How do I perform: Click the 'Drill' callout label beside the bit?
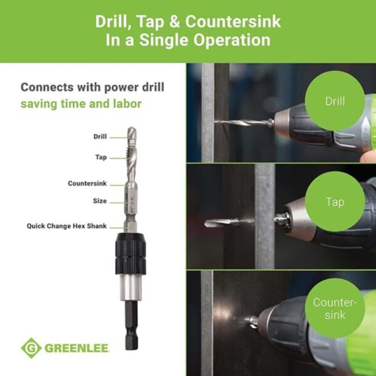click(100, 136)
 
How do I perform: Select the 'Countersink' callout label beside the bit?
click(87, 184)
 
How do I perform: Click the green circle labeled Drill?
click(335, 99)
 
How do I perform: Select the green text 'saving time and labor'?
click(81, 103)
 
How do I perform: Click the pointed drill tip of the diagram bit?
click(130, 131)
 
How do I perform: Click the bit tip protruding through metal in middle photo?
click(214, 222)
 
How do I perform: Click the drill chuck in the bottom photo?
click(276, 321)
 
